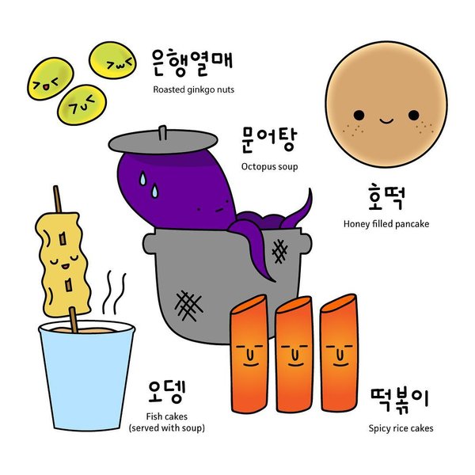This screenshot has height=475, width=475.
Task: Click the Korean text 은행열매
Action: [192, 63]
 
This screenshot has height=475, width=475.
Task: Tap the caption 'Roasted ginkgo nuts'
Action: [194, 89]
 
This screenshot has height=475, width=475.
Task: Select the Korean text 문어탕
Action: [269, 139]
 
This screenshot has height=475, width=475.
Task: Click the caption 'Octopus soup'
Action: [270, 166]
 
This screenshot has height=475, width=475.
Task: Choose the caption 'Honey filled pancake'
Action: [386, 224]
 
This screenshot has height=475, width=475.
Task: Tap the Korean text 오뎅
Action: [166, 392]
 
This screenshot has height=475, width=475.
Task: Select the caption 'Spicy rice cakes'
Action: [401, 428]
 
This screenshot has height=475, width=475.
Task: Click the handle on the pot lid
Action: [163, 133]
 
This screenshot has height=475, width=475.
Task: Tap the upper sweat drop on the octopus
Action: [142, 178]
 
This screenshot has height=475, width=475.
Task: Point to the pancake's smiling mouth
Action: [386, 121]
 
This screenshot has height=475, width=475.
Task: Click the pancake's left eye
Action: [359, 116]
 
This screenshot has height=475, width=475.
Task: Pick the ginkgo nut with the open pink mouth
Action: [51, 78]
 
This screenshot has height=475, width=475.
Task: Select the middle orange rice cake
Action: [294, 355]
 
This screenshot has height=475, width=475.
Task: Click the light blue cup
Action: [86, 375]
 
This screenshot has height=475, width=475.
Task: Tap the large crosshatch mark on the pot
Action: [188, 306]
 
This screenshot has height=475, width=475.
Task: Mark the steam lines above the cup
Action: [114, 293]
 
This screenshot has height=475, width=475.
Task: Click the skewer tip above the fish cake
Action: [55, 187]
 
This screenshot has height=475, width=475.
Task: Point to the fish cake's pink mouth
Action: [65, 267]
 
